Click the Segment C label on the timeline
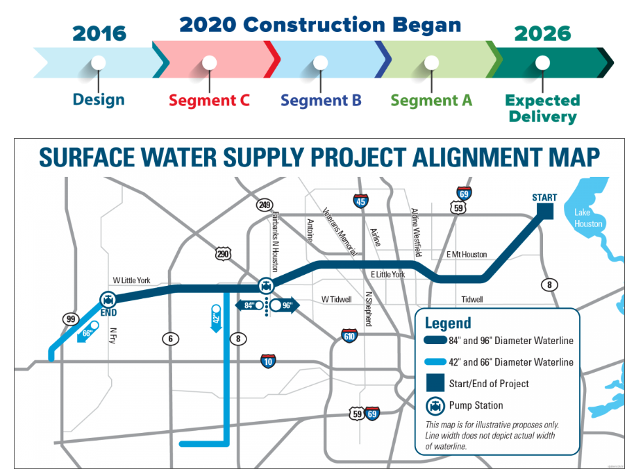tap(209, 101)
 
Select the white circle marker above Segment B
tap(320, 62)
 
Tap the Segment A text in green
tap(431, 101)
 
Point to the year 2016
tap(99, 33)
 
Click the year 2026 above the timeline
tap(542, 33)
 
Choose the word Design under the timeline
tap(99, 100)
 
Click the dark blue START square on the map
tap(545, 211)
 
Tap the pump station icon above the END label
tap(108, 300)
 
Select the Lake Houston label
tap(588, 218)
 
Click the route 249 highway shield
tap(265, 205)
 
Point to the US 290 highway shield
tap(223, 254)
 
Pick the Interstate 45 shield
tap(360, 201)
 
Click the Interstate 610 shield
tap(349, 336)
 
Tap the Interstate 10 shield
tap(268, 362)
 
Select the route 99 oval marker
tap(71, 319)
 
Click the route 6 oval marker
tap(171, 339)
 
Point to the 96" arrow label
tap(285, 305)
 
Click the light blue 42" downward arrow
tap(216, 318)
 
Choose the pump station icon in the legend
tap(435, 406)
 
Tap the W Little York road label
tap(132, 280)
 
